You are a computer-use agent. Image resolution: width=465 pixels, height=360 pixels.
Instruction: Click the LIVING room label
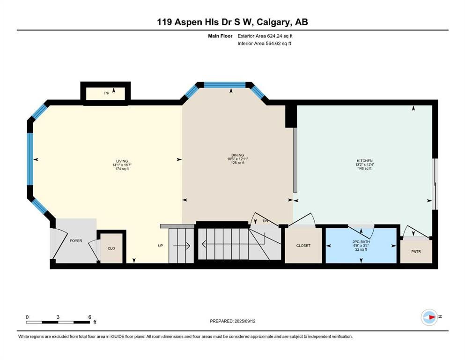tap(122, 161)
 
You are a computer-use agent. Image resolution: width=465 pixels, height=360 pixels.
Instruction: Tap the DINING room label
tap(237, 155)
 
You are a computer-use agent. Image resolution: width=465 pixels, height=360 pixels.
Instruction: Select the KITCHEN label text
tap(364, 161)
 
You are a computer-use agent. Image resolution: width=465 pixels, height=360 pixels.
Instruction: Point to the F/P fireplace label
tap(106, 93)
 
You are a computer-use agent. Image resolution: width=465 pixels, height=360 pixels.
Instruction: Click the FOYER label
tap(76, 240)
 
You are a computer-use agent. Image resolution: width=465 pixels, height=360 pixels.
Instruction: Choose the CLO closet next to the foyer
tap(111, 248)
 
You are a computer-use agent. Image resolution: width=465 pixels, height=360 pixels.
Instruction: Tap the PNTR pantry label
tap(416, 251)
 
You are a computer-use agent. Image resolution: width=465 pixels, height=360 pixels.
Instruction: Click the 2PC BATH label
tap(361, 242)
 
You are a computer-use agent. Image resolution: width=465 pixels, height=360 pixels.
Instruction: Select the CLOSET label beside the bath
tap(303, 246)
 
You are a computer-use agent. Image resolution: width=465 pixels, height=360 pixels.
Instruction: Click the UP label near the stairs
tap(161, 246)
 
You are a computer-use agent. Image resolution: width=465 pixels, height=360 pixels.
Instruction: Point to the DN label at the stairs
tap(266, 221)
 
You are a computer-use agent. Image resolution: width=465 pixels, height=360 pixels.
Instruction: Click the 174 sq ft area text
tap(122, 169)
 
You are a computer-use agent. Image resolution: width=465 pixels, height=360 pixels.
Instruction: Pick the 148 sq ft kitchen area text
tap(364, 168)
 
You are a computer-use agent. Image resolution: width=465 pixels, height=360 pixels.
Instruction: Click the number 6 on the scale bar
tap(89, 317)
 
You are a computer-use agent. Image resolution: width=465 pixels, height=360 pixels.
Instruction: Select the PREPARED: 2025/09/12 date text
tap(232, 321)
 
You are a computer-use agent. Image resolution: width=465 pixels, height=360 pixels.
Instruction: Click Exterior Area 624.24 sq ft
tap(265, 36)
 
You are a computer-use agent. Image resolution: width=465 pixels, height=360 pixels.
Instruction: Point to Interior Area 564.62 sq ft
tap(264, 43)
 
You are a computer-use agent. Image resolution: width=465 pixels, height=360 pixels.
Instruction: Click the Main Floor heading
tap(220, 36)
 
